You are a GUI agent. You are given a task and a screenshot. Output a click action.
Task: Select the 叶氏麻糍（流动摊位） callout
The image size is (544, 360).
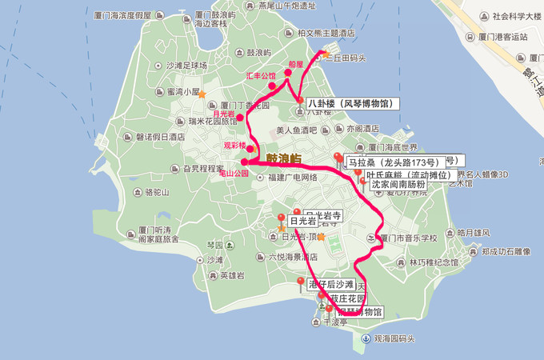[407, 174]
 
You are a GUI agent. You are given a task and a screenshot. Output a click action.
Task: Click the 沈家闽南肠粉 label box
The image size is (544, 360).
[398, 185]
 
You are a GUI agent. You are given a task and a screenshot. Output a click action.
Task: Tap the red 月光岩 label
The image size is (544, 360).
[222, 115]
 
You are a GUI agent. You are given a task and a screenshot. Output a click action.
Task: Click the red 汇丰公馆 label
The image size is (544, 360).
[261, 76]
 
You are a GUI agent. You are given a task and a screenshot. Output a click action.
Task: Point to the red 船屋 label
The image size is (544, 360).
[296, 64]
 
